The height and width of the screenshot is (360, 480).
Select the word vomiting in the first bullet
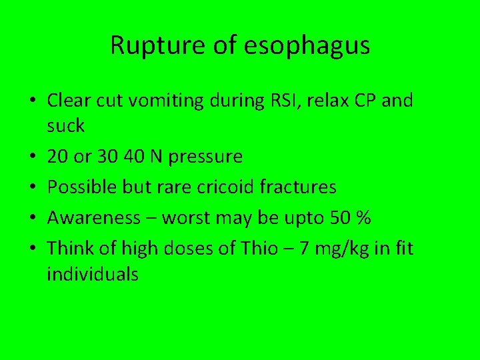(x=182, y=101)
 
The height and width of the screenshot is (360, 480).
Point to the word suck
(x=65, y=125)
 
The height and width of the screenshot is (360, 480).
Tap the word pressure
(x=206, y=157)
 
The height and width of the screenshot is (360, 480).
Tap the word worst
(x=187, y=218)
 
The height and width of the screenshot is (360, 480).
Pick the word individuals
(x=93, y=273)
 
